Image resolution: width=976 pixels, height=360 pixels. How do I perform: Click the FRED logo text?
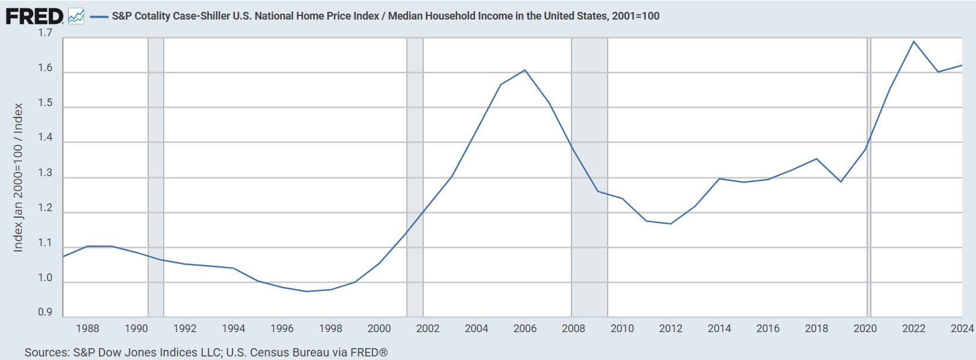point(34,16)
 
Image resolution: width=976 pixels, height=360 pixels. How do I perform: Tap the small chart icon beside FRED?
point(76,16)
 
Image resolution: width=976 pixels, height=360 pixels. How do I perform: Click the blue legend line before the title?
point(98,17)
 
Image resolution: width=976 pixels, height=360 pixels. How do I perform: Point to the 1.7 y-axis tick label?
point(45,33)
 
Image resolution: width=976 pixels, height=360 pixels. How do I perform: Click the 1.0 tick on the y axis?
point(45,278)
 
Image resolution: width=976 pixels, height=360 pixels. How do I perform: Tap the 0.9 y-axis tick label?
point(45,313)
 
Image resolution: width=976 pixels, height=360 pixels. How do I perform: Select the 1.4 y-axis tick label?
point(45,138)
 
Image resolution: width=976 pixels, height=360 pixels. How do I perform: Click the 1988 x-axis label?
point(88,329)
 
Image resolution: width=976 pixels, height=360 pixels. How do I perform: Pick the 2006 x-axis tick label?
point(525,329)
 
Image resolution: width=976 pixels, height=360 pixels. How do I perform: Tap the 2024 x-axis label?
point(962,329)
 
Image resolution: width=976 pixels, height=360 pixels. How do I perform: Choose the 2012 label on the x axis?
point(671,329)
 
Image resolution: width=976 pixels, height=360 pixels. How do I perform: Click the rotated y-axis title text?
point(18,177)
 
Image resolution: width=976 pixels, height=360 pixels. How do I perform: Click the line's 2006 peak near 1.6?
point(525,71)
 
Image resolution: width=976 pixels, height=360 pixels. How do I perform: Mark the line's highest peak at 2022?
point(914,42)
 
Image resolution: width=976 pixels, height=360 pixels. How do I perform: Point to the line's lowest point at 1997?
point(307,291)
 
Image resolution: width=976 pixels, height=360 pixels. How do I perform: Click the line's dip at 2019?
point(841,181)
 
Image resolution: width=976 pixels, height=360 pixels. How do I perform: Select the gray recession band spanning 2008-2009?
point(589,177)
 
